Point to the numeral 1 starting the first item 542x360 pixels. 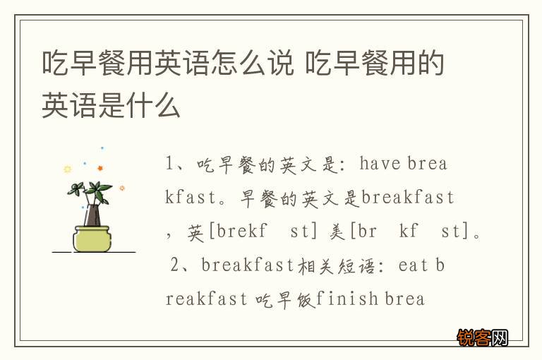[x=170, y=164]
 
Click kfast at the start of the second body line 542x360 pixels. [x=190, y=198]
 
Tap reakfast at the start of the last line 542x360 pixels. [x=206, y=299]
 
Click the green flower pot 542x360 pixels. [x=92, y=238]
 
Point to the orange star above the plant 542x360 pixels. [x=100, y=168]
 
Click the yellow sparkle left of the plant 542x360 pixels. [x=67, y=169]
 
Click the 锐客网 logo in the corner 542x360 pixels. [x=483, y=337]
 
